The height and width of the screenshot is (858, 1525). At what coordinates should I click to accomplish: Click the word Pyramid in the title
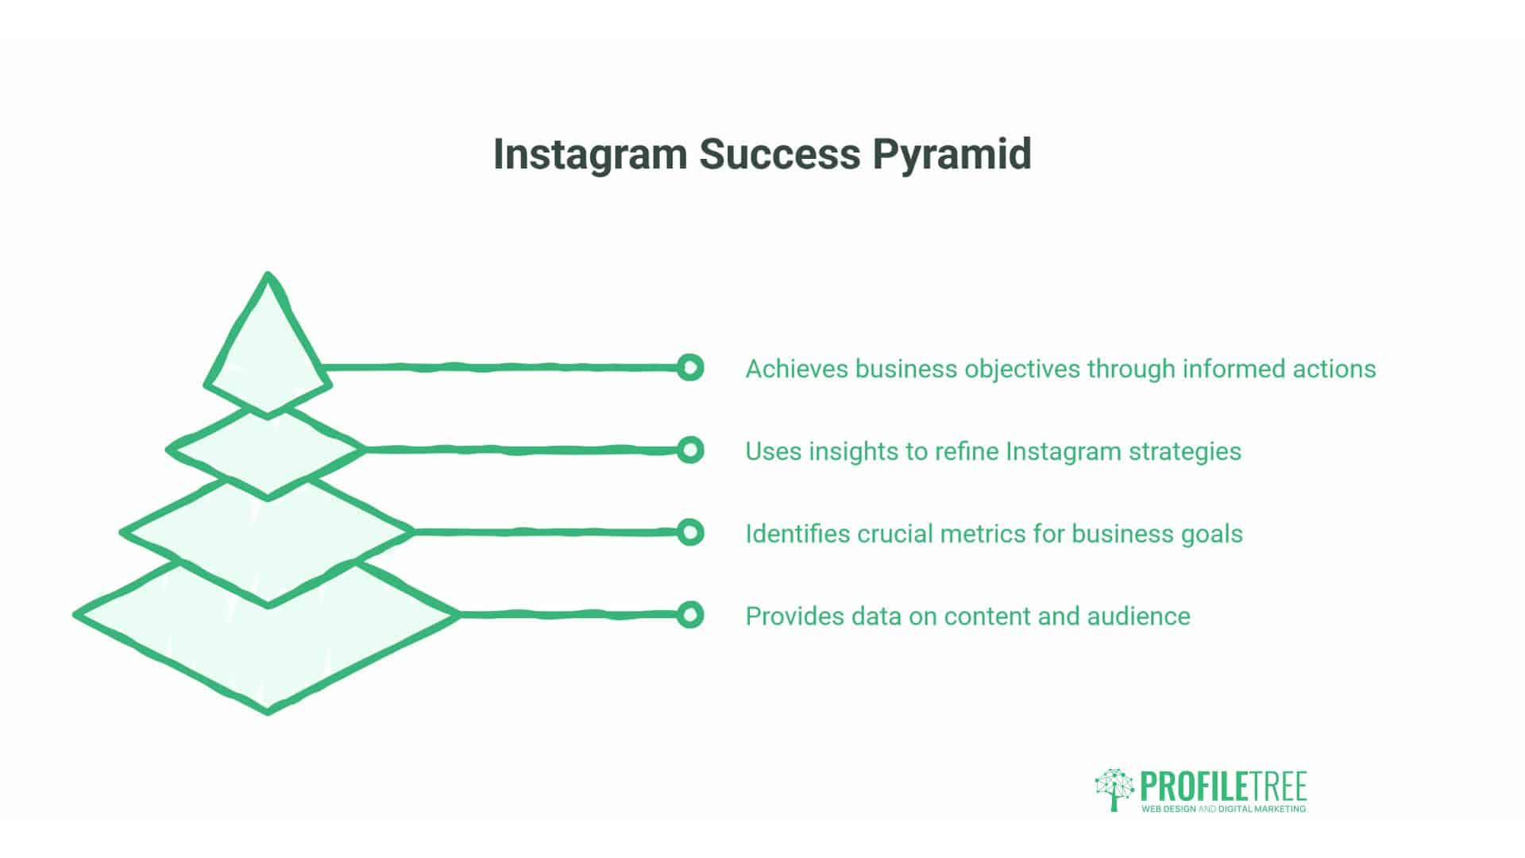952,154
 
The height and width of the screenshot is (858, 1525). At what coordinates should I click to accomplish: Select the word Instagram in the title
589,154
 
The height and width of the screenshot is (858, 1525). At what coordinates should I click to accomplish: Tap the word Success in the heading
779,154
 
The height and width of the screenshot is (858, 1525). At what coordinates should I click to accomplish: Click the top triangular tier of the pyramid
268,350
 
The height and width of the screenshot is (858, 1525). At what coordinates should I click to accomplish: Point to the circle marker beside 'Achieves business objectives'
690,368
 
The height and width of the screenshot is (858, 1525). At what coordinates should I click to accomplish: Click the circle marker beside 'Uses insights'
690,450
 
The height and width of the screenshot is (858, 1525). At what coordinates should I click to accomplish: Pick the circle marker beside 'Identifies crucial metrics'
690,532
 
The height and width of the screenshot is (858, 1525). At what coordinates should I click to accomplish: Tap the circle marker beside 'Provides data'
690,615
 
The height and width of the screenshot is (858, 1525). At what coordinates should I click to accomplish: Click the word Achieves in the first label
797,369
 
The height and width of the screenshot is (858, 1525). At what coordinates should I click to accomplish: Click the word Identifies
797,534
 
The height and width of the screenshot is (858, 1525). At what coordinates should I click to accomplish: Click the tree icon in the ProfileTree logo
1114,788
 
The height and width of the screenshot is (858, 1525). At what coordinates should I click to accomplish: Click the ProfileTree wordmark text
1223,786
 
